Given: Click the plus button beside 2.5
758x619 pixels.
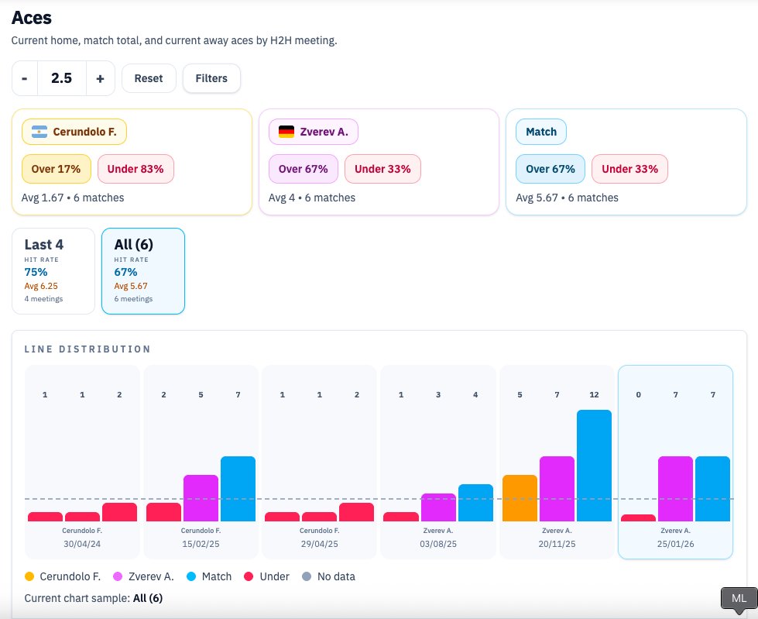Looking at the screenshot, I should [100, 78].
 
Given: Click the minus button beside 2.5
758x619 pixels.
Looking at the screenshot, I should [25, 78].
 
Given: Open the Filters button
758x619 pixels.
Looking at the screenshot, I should [211, 78].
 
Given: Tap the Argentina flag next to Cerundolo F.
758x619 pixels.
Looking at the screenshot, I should [39, 132].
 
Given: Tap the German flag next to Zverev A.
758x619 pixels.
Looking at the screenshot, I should [286, 132].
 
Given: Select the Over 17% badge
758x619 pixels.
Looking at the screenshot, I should [56, 169].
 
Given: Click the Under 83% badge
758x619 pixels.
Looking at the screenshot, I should [135, 169].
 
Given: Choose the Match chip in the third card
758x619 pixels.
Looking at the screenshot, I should [541, 132].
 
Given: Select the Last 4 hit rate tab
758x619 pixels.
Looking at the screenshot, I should [53, 270].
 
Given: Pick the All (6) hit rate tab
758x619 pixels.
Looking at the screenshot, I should [142, 270].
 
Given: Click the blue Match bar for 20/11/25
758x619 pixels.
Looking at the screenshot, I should [594, 466].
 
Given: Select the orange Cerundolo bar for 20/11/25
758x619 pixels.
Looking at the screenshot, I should [520, 498].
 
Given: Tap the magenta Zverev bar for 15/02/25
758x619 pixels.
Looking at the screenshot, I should [201, 498].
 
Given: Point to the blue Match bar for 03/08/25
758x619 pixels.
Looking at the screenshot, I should [475, 503].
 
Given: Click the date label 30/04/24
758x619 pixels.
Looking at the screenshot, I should [82, 544].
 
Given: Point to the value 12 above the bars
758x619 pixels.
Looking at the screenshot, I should [594, 395].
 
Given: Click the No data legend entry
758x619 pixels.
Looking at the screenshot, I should [329, 576].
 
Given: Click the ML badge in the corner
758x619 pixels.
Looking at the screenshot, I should [739, 599].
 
